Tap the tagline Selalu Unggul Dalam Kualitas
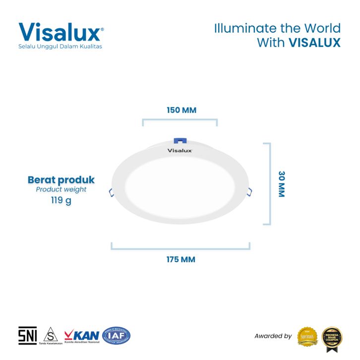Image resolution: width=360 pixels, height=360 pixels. (63, 47)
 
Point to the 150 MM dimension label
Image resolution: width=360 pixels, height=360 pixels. (181, 110)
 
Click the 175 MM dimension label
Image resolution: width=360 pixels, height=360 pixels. (181, 259)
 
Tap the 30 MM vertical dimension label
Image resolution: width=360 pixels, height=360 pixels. (281, 184)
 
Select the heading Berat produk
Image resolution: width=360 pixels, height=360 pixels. (61, 180)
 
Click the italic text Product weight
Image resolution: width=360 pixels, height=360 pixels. (61, 189)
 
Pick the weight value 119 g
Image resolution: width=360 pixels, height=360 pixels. (60, 201)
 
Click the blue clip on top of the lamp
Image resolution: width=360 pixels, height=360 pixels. (179, 142)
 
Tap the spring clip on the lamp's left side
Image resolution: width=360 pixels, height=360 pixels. (111, 192)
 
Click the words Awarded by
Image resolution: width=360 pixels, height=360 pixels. (273, 336)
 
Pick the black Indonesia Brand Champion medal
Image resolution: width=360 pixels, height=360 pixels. (332, 336)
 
